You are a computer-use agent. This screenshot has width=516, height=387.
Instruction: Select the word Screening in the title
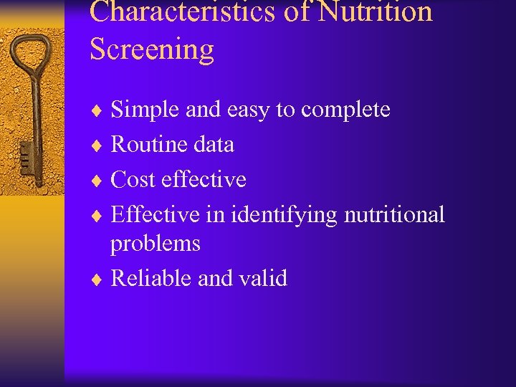click(152, 49)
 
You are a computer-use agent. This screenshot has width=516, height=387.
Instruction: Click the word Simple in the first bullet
click(145, 110)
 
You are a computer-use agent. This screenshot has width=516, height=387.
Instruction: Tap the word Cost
click(133, 179)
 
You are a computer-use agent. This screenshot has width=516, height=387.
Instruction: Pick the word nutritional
click(395, 214)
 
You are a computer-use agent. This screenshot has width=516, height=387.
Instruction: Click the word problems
click(156, 244)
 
